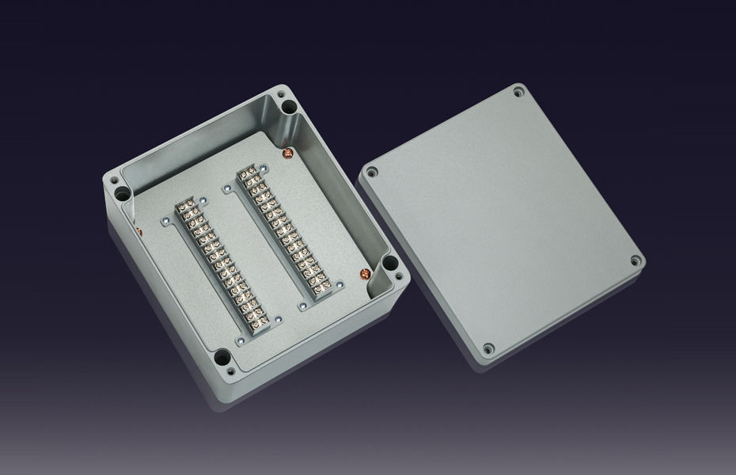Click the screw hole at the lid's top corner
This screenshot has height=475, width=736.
[518, 93]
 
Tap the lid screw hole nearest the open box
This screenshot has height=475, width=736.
[372, 172]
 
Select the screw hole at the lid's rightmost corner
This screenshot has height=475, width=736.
[635, 260]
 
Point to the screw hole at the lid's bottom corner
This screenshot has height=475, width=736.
[488, 348]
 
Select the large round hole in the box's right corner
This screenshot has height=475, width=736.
[389, 264]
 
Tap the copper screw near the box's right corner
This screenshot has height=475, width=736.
[365, 274]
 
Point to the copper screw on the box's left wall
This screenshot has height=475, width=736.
[139, 231]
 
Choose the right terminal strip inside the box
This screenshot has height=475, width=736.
[285, 230]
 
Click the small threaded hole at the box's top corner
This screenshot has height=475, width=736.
[280, 96]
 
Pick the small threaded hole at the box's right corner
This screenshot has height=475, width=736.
[399, 277]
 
